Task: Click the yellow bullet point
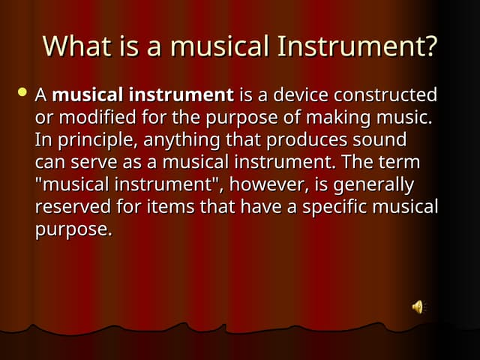pyautogui.click(x=22, y=93)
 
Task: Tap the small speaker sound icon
pyautogui.click(x=418, y=306)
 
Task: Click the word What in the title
pyautogui.click(x=73, y=46)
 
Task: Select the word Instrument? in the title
pyautogui.click(x=358, y=46)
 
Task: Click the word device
pyautogui.click(x=302, y=95)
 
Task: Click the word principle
pyautogui.click(x=94, y=140)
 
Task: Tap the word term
pyautogui.click(x=400, y=163)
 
